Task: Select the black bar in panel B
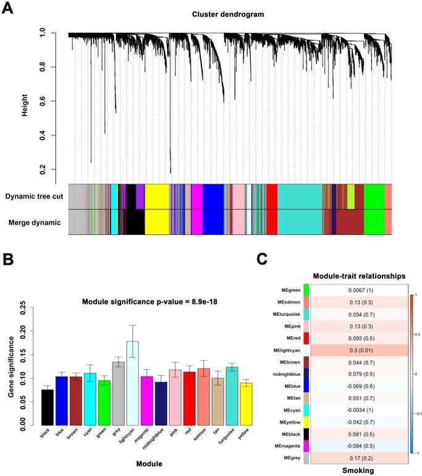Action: (x=48, y=407)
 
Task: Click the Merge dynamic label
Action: (x=36, y=221)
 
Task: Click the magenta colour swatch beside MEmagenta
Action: (x=306, y=445)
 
